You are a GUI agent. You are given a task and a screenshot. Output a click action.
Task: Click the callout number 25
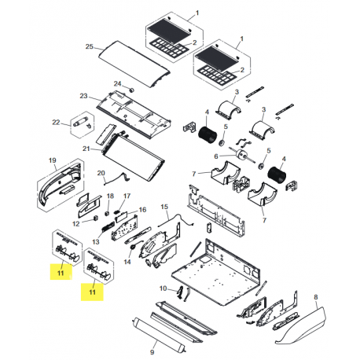[x=91, y=49]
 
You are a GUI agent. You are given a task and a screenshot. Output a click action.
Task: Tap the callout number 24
[x=117, y=83]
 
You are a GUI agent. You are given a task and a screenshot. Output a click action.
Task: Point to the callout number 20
[x=101, y=173]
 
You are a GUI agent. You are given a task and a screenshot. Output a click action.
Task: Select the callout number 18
[x=110, y=196]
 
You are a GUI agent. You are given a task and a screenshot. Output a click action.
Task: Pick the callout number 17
[x=127, y=196]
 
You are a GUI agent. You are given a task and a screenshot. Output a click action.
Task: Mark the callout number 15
[x=165, y=207]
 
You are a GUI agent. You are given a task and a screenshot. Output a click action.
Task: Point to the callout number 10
[x=163, y=288]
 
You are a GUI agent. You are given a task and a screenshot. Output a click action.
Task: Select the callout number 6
[x=213, y=156]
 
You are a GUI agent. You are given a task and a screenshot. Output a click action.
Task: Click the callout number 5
[x=226, y=127]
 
